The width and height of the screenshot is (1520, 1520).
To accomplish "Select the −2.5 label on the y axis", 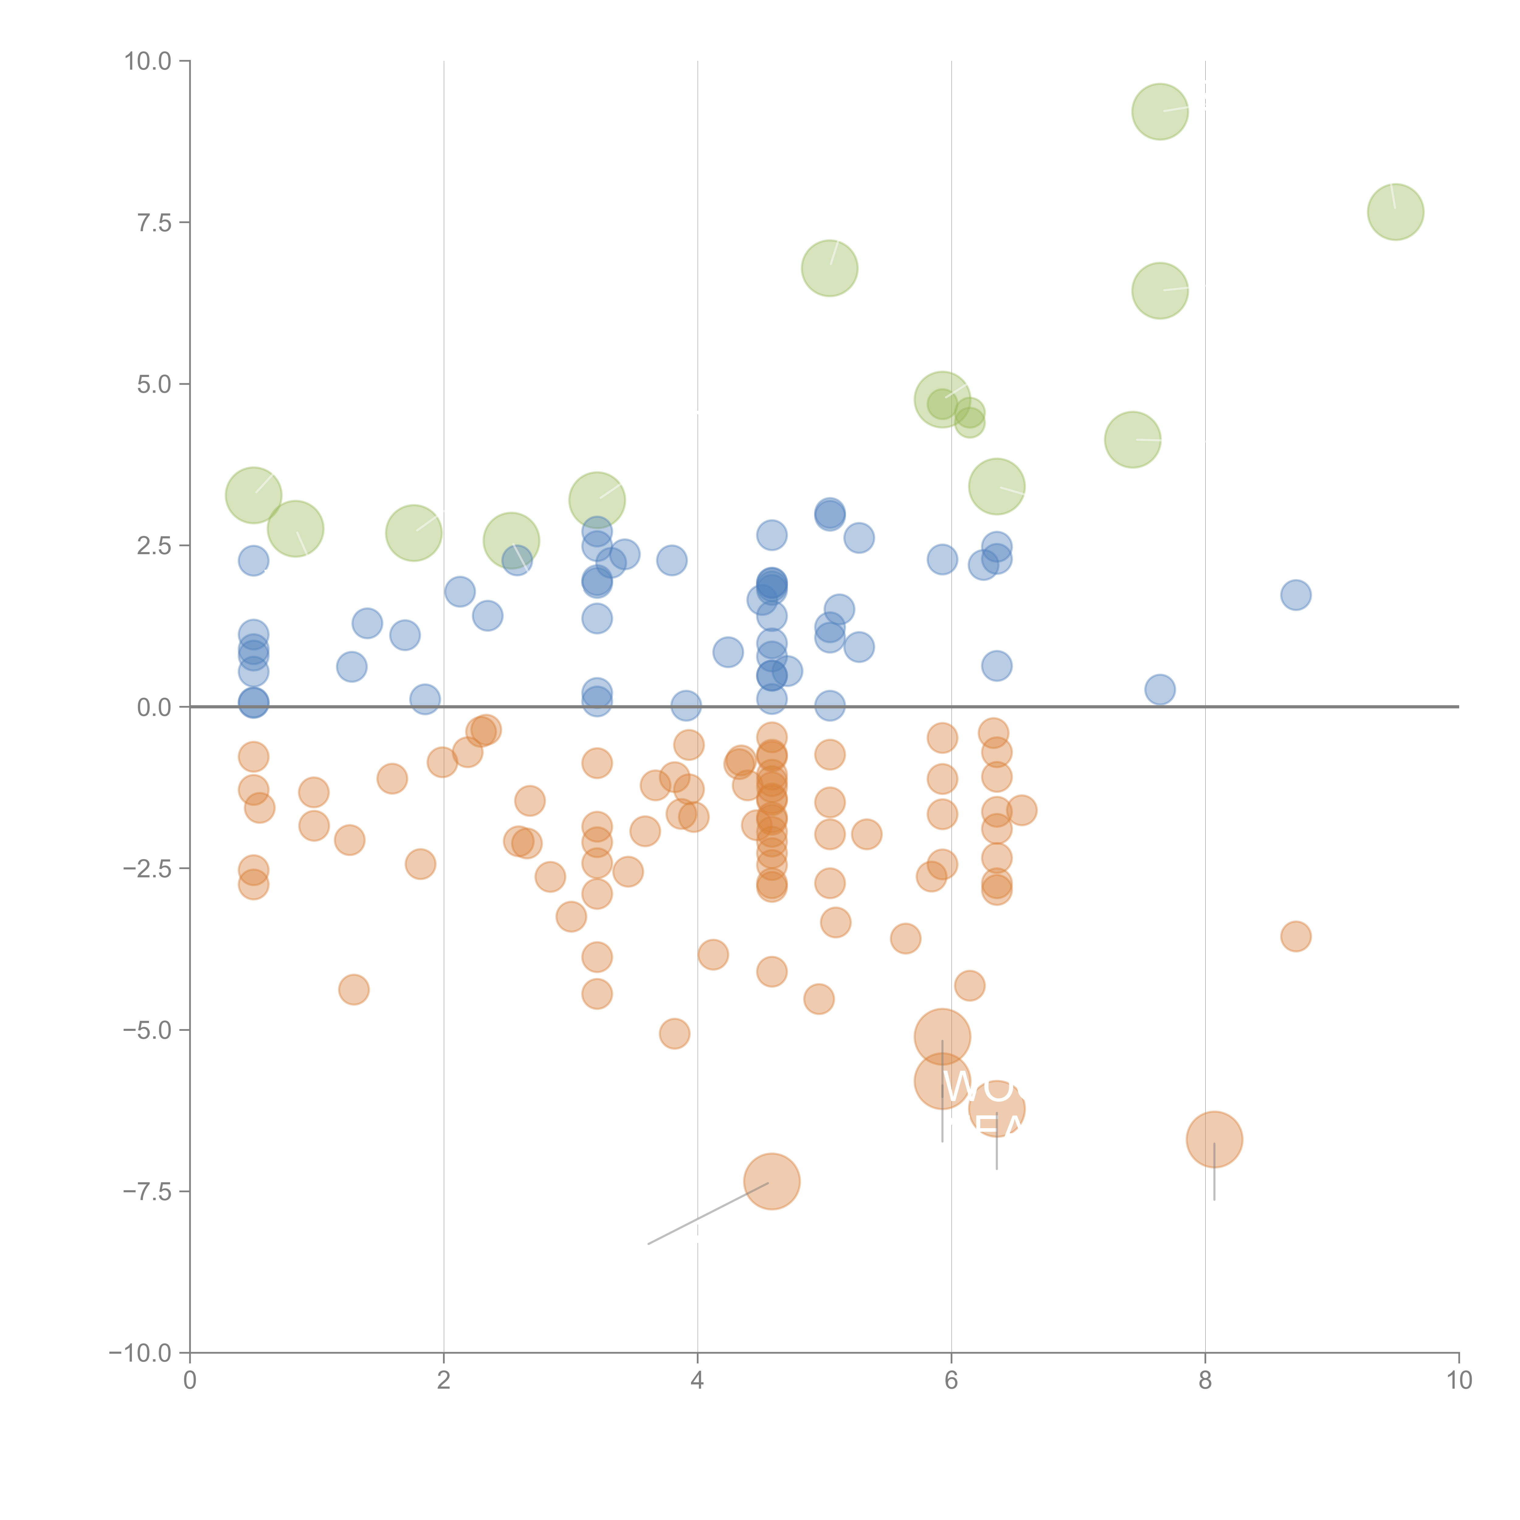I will pyautogui.click(x=146, y=869).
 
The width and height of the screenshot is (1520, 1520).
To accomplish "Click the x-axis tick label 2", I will pyautogui.click(x=444, y=1381).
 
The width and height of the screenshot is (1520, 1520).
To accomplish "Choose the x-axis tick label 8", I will pyautogui.click(x=1205, y=1381).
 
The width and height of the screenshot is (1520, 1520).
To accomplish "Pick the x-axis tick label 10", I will pyautogui.click(x=1459, y=1381).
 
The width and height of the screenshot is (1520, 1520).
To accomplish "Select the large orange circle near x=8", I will pyautogui.click(x=1214, y=1139).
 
